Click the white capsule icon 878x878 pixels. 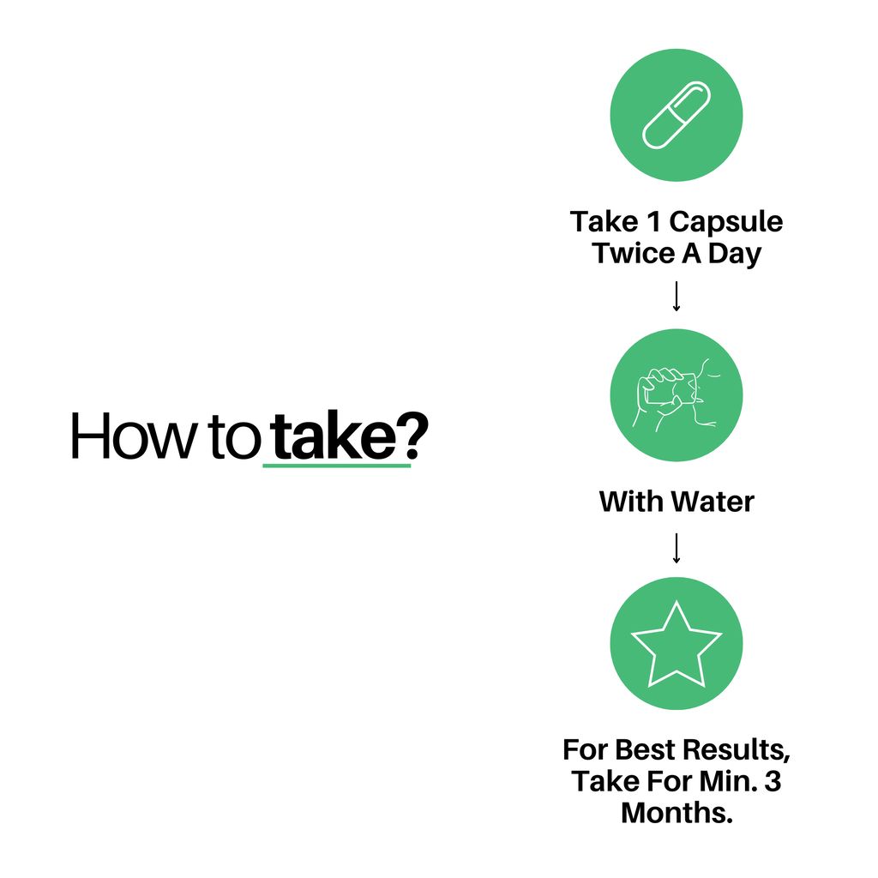[x=677, y=116]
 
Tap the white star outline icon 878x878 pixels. [x=677, y=644]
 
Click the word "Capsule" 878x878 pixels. [x=725, y=223]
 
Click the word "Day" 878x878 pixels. [x=735, y=255]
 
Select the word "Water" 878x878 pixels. [x=713, y=502]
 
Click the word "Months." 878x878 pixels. [x=677, y=813]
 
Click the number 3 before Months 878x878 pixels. [x=773, y=781]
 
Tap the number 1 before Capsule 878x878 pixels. [x=653, y=222]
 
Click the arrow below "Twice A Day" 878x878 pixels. [x=677, y=296]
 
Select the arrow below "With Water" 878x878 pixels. [x=677, y=548]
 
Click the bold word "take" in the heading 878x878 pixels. [x=335, y=436]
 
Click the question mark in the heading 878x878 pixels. [x=414, y=436]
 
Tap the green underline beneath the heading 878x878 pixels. [x=337, y=465]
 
